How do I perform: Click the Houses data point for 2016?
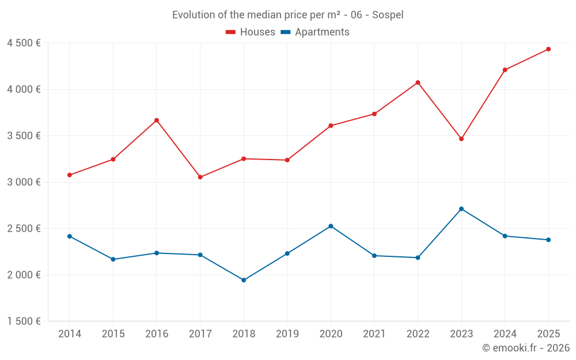point(156,120)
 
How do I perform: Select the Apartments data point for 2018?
point(244,280)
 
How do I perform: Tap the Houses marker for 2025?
point(548,49)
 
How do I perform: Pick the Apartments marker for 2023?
point(461,209)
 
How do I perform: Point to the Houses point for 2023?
point(461,139)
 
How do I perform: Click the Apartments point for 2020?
point(331,226)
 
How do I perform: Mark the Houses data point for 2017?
point(200,177)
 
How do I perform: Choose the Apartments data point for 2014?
point(69,236)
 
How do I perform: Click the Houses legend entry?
point(251,32)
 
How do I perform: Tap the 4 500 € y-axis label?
point(24,43)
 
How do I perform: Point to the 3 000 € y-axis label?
point(24,182)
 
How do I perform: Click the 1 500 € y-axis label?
point(24,321)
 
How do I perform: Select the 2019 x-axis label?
point(287,334)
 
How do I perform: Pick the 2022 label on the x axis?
point(418,334)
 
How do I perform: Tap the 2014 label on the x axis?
point(69,334)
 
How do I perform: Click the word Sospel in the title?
point(388,14)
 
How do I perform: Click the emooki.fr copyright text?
point(526,348)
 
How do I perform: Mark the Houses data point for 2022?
point(418,82)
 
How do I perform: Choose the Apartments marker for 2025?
point(548,240)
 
